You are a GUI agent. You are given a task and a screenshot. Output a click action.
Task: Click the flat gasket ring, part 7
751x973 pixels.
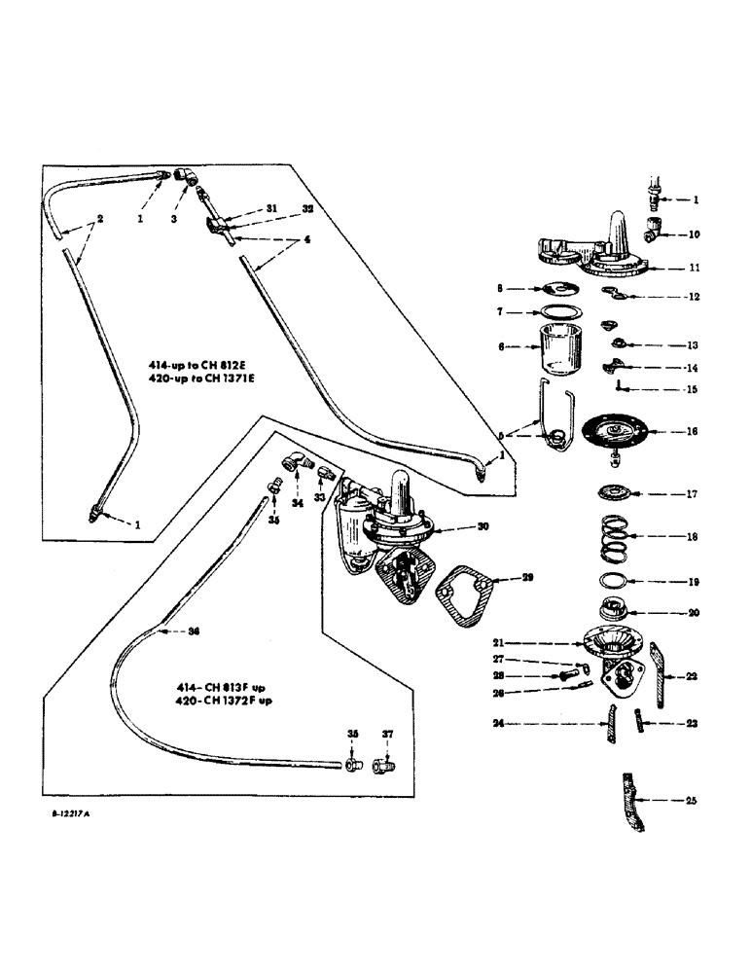point(558,312)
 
